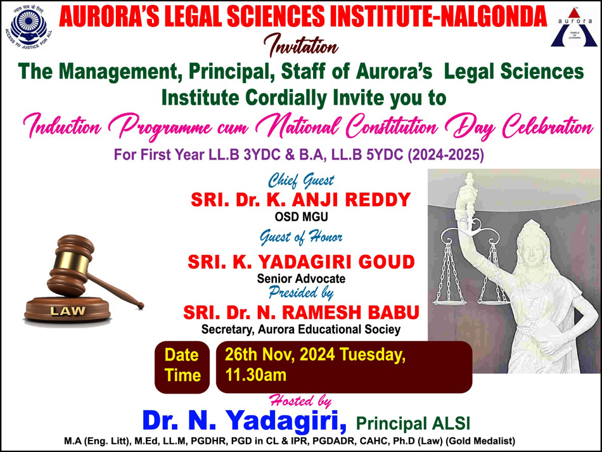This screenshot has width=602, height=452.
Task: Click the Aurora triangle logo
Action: tap(574, 28)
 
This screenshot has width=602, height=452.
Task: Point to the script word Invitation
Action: tap(301, 45)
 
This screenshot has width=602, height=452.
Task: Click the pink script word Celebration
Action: tap(548, 126)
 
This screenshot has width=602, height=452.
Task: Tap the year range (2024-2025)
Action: tap(445, 155)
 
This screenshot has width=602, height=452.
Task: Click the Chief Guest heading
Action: tap(301, 180)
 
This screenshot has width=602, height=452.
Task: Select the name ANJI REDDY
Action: tap(351, 200)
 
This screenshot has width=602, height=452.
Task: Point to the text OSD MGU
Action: tap(302, 217)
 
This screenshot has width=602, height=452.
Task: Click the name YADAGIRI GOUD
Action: tap(336, 262)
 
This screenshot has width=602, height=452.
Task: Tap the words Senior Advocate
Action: tap(302, 278)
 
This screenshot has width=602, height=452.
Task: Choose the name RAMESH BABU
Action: tap(350, 312)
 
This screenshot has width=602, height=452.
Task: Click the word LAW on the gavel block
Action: tap(68, 311)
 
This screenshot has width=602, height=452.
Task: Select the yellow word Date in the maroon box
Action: tap(182, 355)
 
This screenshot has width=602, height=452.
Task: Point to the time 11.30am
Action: tap(256, 375)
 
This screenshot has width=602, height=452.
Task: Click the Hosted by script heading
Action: tap(300, 401)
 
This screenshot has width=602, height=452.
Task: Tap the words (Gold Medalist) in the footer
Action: tap(480, 441)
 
